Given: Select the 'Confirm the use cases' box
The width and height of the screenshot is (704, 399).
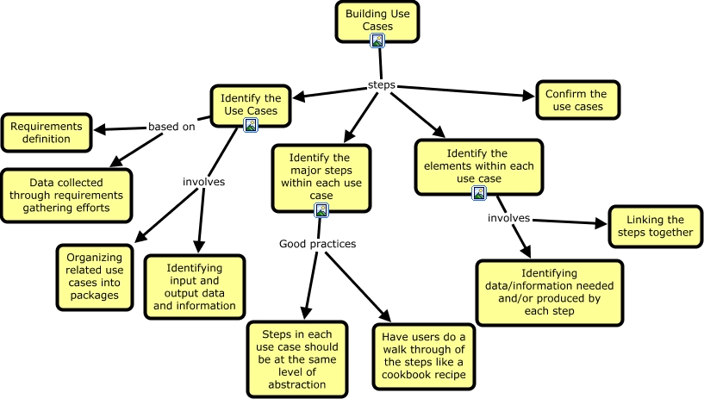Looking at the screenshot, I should (576, 100).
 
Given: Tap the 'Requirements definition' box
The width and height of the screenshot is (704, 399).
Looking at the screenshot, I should (47, 133).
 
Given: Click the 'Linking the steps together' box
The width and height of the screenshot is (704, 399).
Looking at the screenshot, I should (651, 226).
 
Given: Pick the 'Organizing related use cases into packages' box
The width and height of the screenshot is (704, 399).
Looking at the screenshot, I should (95, 276).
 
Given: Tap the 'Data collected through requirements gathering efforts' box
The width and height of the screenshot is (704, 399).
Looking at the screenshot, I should (77, 190).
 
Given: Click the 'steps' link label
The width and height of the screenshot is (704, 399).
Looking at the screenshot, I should (381, 86).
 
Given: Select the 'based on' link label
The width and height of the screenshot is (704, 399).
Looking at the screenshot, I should (171, 127).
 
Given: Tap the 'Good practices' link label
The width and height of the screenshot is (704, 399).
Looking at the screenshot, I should (317, 244).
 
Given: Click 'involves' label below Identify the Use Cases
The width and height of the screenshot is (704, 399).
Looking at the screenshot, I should (203, 182).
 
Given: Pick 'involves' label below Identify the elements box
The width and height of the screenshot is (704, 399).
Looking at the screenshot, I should (508, 218).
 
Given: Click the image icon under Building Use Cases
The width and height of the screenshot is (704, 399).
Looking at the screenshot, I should (377, 40).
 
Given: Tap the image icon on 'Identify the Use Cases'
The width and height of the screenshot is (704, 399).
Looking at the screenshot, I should (251, 125).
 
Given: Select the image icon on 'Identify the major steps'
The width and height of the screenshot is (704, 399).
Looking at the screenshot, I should (321, 210).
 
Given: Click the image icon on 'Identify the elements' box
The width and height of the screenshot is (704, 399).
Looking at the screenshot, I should (480, 192).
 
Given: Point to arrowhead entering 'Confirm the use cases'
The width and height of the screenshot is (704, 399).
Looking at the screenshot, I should (529, 96).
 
